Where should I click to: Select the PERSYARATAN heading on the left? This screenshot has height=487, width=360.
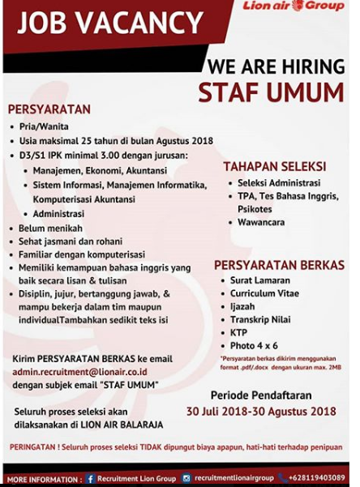click(x=49, y=109)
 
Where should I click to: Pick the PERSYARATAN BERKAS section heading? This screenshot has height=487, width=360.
click(x=279, y=265)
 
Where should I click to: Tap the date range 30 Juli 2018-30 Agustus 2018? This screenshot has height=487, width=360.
click(x=261, y=411)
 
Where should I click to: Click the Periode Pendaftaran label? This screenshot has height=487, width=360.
click(x=260, y=395)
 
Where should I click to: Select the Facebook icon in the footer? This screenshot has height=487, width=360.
click(x=89, y=478)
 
